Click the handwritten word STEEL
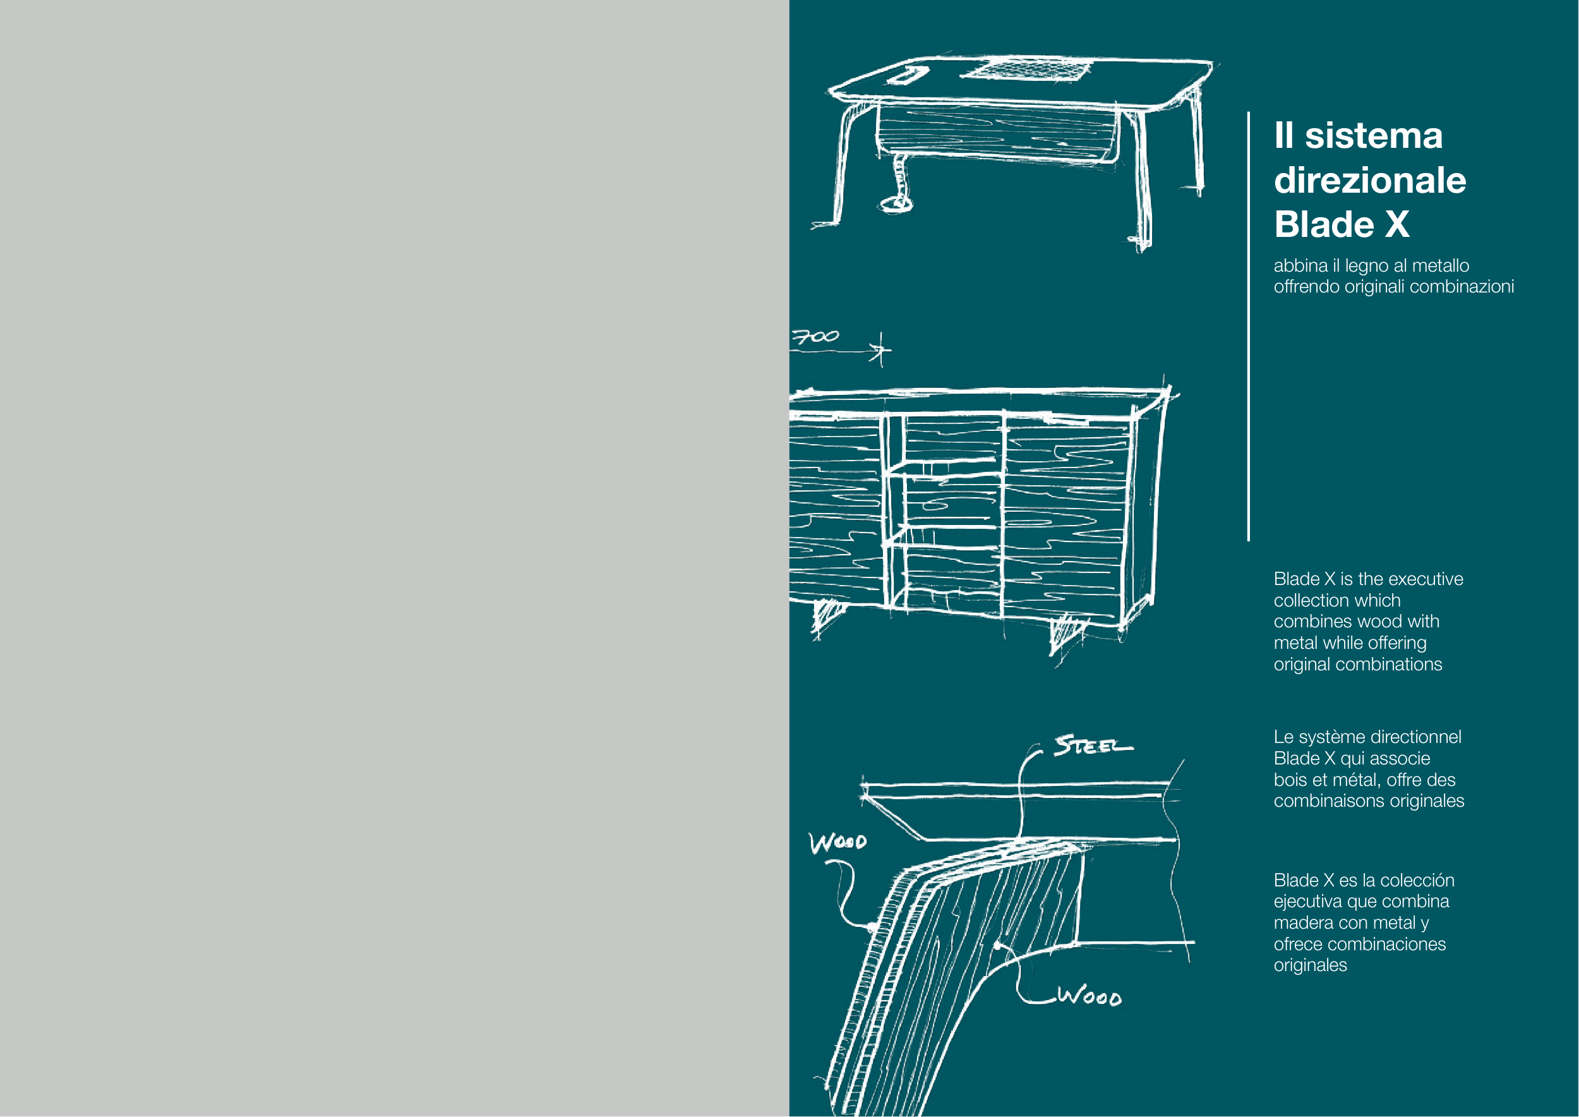1093,745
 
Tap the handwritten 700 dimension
815,337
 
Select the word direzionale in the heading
1370,180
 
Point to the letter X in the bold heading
1396,224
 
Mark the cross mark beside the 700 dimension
880,351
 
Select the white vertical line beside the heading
1248,326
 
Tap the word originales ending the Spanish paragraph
1310,965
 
